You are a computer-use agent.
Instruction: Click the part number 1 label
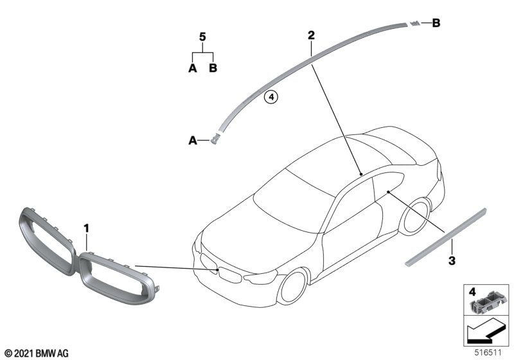coord(87,227)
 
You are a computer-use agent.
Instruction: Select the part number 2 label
coord(310,35)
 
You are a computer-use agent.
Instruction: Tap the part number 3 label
coord(452,262)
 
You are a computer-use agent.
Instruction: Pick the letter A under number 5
coord(192,67)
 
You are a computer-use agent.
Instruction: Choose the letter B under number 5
coord(214,67)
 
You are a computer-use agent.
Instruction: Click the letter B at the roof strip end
coord(436,24)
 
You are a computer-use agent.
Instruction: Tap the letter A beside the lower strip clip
coord(191,139)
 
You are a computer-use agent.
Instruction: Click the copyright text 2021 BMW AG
coord(36,352)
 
